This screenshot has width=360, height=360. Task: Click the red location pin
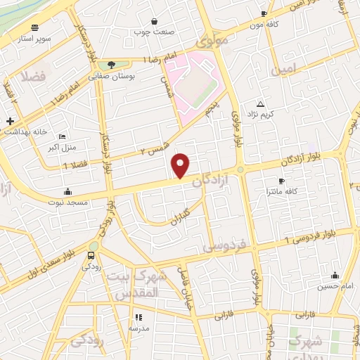click(x=181, y=165)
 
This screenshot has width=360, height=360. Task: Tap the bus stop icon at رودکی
click(x=91, y=255)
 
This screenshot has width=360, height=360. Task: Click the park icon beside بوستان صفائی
click(x=111, y=65)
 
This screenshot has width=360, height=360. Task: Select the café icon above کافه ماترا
click(x=281, y=181)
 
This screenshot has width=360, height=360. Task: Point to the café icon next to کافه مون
click(x=264, y=13)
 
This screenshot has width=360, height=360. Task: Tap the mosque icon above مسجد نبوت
click(x=67, y=192)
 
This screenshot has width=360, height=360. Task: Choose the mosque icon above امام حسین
click(x=334, y=275)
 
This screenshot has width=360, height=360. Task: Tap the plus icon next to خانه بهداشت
click(x=10, y=121)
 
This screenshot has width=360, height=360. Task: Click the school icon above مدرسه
click(x=138, y=317)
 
